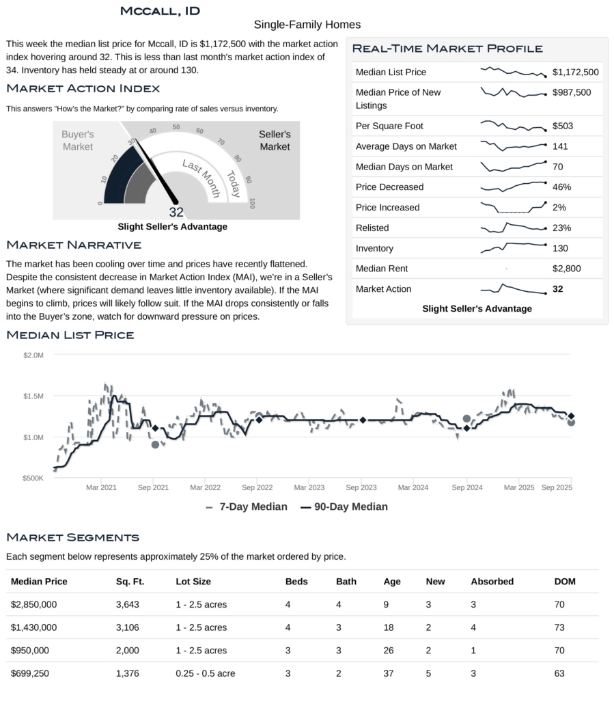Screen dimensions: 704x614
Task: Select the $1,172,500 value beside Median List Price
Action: (575, 72)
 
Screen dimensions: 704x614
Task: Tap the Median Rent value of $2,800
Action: (566, 269)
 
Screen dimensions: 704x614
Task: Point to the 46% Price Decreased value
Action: (561, 187)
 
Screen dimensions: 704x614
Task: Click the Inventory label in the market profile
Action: (374, 248)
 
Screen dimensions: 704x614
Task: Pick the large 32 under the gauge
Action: (176, 212)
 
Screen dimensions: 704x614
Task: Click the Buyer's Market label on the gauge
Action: (77, 141)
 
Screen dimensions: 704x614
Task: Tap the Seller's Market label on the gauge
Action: (275, 141)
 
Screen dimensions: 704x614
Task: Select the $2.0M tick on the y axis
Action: (33, 355)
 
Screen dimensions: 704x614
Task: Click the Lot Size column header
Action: (193, 582)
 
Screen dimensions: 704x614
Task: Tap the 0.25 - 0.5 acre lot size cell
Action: (205, 673)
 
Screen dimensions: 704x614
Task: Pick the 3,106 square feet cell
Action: (128, 627)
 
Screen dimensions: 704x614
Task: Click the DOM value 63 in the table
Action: (559, 673)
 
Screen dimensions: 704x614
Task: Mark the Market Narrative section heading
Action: (73, 245)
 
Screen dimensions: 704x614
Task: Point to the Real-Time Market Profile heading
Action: (447, 49)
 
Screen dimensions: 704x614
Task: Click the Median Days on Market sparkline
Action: (514, 166)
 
